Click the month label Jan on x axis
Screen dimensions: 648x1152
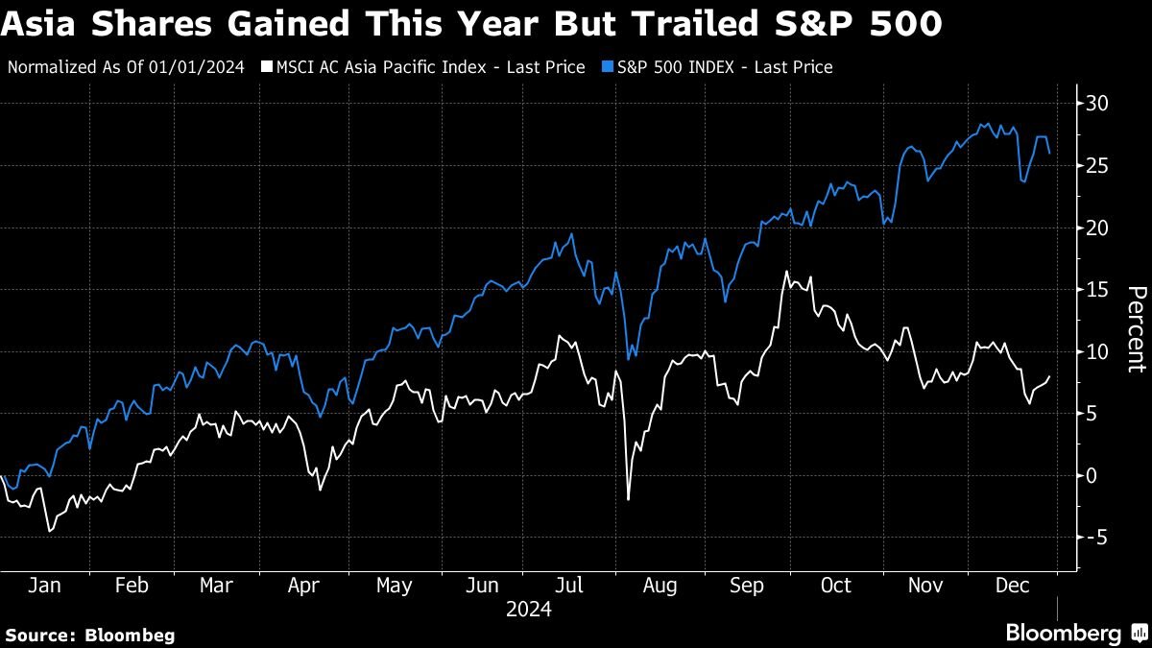pyautogui.click(x=40, y=586)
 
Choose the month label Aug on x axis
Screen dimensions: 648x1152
pyautogui.click(x=659, y=586)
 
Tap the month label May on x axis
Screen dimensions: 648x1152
pyautogui.click(x=394, y=586)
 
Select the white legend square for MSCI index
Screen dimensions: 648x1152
pyautogui.click(x=268, y=67)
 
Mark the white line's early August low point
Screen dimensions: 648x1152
pyautogui.click(x=629, y=499)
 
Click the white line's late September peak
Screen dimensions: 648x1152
pyautogui.click(x=786, y=272)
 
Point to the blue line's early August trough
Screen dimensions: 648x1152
pyautogui.click(x=627, y=359)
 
